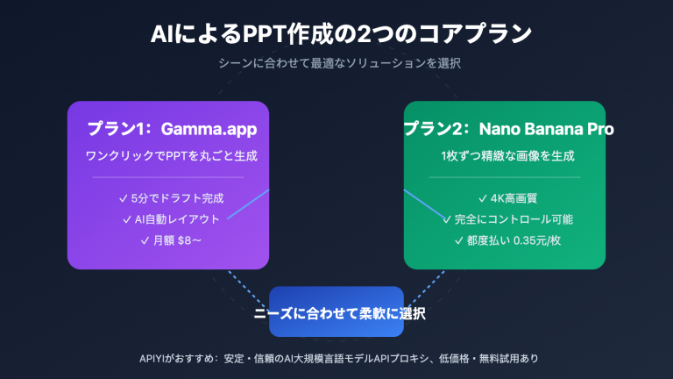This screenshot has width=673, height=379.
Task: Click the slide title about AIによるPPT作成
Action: point(336,34)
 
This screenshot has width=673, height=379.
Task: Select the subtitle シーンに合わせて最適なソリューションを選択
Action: point(336,63)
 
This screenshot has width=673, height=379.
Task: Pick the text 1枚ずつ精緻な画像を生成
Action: point(505,156)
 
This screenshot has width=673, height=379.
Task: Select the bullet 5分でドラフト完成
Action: point(168,197)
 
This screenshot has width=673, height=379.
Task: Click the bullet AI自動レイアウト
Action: point(168,218)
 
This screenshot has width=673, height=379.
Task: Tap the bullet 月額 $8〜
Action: point(168,240)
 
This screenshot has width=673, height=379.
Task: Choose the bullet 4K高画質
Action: point(505,197)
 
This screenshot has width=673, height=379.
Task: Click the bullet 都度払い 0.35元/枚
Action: point(505,240)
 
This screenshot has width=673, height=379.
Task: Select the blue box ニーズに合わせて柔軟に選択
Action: point(336,312)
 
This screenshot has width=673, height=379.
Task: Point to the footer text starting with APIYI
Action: point(336,359)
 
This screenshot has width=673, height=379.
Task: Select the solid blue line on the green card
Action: point(424,204)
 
